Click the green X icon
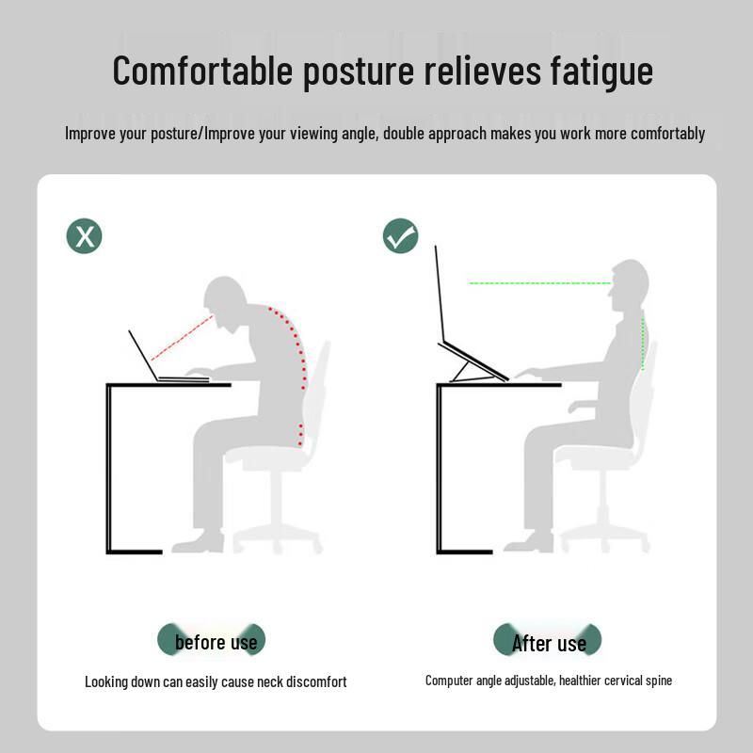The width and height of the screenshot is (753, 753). tap(84, 235)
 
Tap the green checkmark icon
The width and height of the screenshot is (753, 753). tap(401, 235)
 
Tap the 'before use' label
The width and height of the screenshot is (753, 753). tap(215, 642)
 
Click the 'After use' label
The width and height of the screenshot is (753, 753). tap(548, 643)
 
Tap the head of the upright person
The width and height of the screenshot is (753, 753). tap(629, 287)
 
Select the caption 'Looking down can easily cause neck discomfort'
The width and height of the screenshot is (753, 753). tap(216, 681)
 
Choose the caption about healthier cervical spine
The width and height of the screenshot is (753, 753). tap(549, 680)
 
